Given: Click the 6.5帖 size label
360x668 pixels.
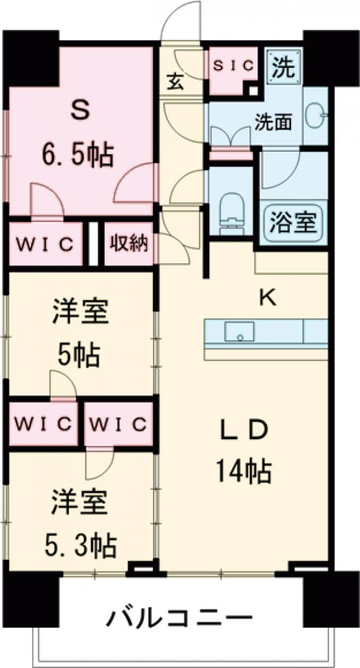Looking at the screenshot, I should click(77, 156).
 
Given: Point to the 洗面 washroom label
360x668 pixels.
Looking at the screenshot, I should click(273, 122).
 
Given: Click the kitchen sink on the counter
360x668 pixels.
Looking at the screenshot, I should click(240, 331).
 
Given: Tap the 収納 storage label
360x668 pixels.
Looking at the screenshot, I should click(128, 244).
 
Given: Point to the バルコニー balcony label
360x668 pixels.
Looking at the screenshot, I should click(179, 617).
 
